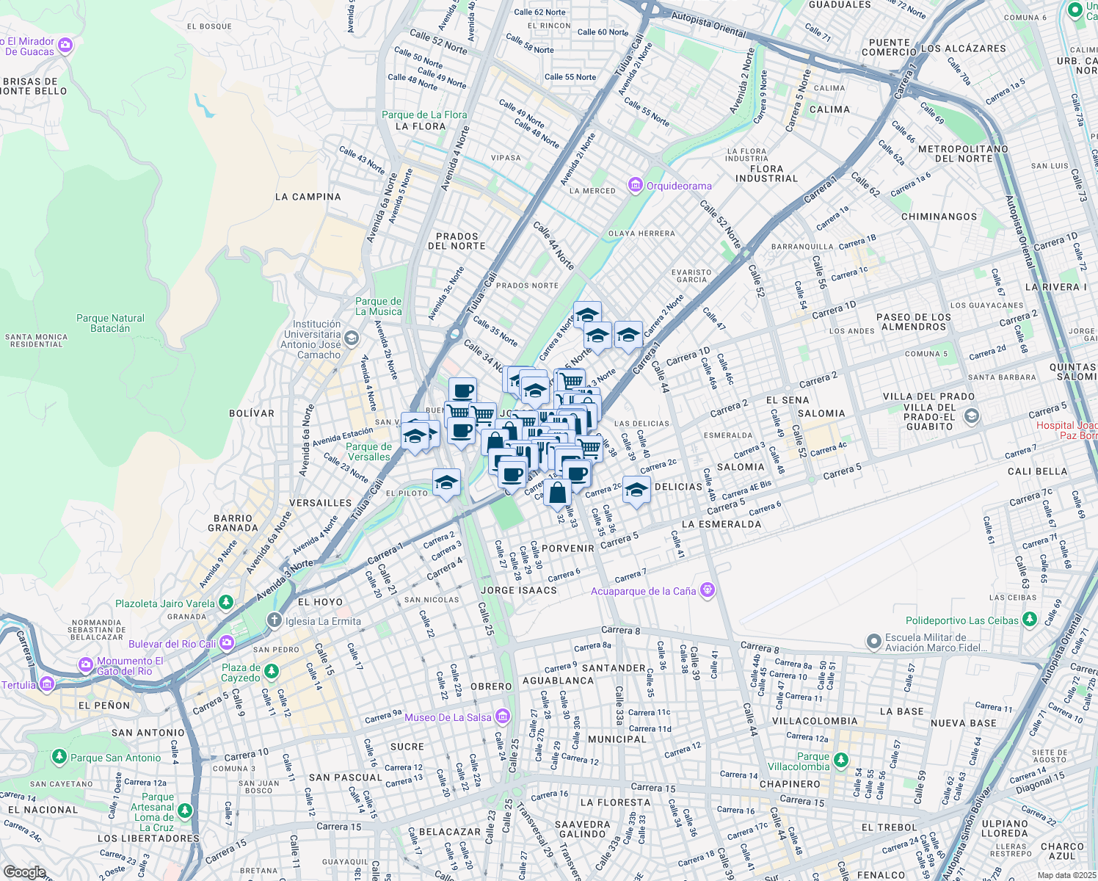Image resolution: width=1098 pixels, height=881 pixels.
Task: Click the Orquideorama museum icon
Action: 636,185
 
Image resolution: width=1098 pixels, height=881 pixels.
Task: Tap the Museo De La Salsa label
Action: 448,717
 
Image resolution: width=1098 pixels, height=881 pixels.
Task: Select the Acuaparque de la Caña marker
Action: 707,590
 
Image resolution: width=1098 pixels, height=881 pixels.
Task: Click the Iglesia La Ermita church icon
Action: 274,620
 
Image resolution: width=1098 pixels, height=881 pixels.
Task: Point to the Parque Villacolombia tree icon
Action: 841,760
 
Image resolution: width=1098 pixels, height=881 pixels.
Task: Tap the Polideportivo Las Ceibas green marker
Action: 1030,620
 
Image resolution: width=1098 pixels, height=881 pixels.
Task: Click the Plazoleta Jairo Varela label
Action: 165,603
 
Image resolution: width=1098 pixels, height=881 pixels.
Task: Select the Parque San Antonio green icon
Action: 59,757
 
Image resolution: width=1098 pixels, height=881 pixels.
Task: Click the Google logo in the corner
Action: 24,871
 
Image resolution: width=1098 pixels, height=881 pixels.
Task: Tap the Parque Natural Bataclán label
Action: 110,323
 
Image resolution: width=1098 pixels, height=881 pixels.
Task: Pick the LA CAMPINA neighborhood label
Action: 308,197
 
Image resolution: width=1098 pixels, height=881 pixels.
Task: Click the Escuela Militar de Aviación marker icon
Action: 873,642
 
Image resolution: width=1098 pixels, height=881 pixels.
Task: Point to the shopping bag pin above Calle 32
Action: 557,493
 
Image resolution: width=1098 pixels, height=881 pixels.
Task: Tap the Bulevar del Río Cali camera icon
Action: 227,643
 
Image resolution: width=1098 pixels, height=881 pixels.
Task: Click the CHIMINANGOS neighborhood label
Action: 939,217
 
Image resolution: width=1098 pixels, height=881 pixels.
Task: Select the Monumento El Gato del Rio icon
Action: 86,665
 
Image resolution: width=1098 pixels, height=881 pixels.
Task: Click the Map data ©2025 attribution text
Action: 1066,875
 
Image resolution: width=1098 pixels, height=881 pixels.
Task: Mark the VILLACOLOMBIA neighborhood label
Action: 815,721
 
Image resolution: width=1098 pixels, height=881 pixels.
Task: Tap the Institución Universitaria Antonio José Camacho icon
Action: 351,338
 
